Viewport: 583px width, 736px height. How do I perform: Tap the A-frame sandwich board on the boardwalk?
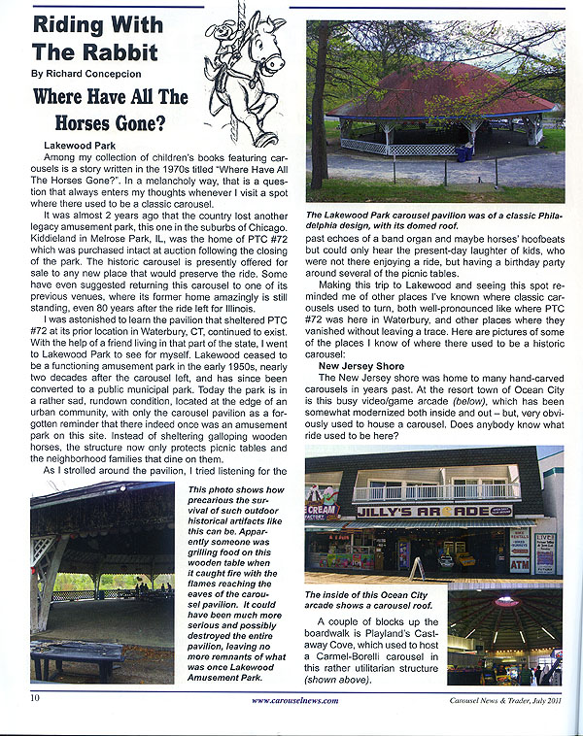[416, 567]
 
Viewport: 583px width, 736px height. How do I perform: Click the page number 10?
[35, 697]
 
